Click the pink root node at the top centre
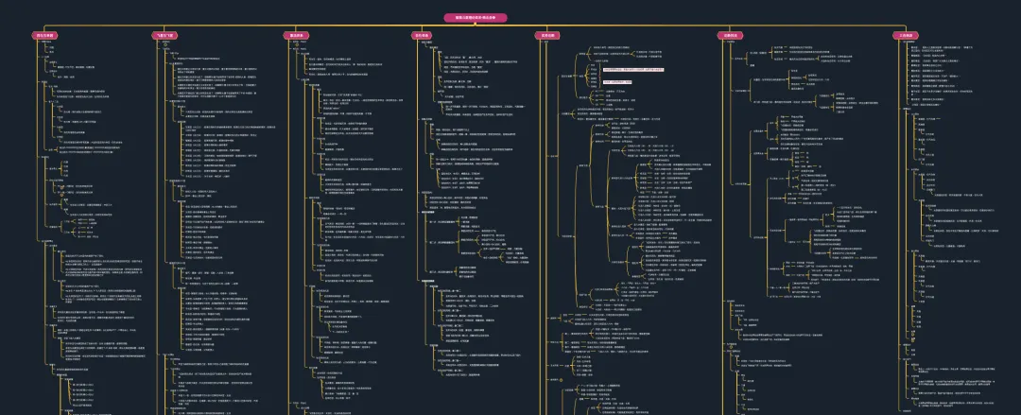pos(475,17)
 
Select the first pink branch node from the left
pos(45,36)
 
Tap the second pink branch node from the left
pos(164,36)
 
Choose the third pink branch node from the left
pos(297,36)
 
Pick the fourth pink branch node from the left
pos(421,36)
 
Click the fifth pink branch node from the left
pos(548,36)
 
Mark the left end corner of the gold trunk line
pos(45,26)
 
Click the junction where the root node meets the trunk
pos(475,26)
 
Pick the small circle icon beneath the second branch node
pos(164,43)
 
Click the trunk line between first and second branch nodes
pos(104,26)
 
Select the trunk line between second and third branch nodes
pos(230,26)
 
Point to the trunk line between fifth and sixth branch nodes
pos(639,26)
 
